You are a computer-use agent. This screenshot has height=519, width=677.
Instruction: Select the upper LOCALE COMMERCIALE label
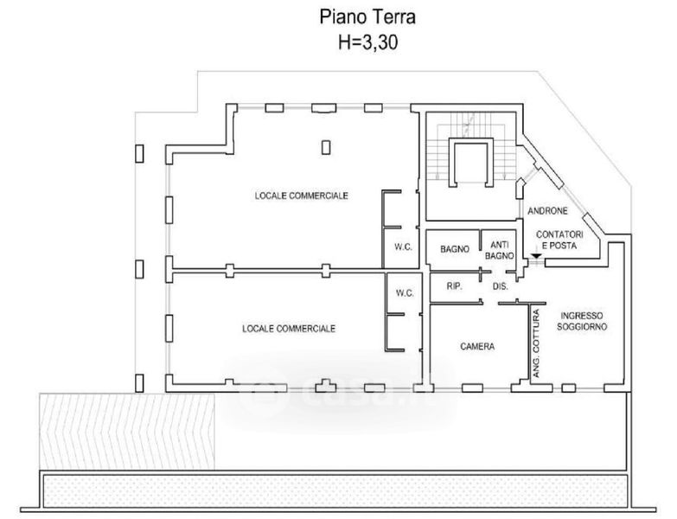point(301,195)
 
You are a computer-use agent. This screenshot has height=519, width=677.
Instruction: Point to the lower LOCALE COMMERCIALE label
point(289,329)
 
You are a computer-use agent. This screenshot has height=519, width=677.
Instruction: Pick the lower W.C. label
point(405,293)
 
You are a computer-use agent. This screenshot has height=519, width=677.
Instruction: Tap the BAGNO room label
point(454,249)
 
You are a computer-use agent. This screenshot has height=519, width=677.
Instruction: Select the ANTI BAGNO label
point(499,249)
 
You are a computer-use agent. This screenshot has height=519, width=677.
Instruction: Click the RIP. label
point(453,285)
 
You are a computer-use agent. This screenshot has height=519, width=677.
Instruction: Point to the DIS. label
point(499,285)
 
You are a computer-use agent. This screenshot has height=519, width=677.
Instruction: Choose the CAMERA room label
point(477,347)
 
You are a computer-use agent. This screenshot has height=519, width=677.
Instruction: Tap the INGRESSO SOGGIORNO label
point(583,321)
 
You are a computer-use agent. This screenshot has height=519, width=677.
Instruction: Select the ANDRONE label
point(546,211)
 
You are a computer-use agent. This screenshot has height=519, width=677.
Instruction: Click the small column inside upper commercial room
point(326,148)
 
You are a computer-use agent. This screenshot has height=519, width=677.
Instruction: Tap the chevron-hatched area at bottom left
point(127,429)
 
